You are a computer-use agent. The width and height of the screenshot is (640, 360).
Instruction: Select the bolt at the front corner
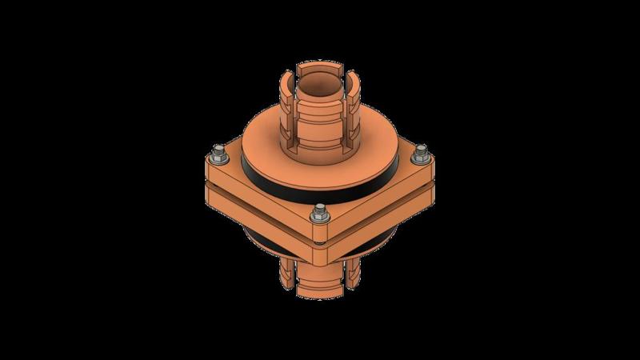321,211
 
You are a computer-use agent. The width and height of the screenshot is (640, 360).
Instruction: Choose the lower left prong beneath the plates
286,272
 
